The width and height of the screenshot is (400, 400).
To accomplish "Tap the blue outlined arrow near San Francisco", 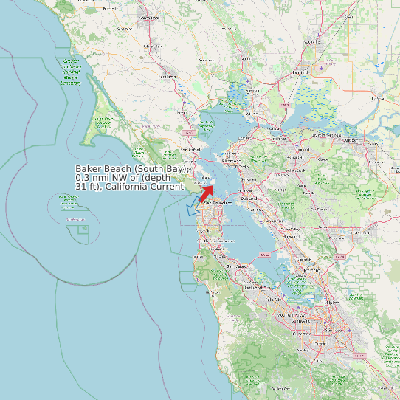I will pos(193,207).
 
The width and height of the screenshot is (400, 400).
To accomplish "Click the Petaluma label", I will pos(169,75).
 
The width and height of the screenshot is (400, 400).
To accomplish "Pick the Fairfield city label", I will pos(300,72).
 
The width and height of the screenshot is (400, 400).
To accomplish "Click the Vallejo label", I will pos(252,114).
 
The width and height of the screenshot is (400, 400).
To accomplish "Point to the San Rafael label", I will pos(190,151).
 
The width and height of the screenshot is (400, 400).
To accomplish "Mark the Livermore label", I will pos(360,232).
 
